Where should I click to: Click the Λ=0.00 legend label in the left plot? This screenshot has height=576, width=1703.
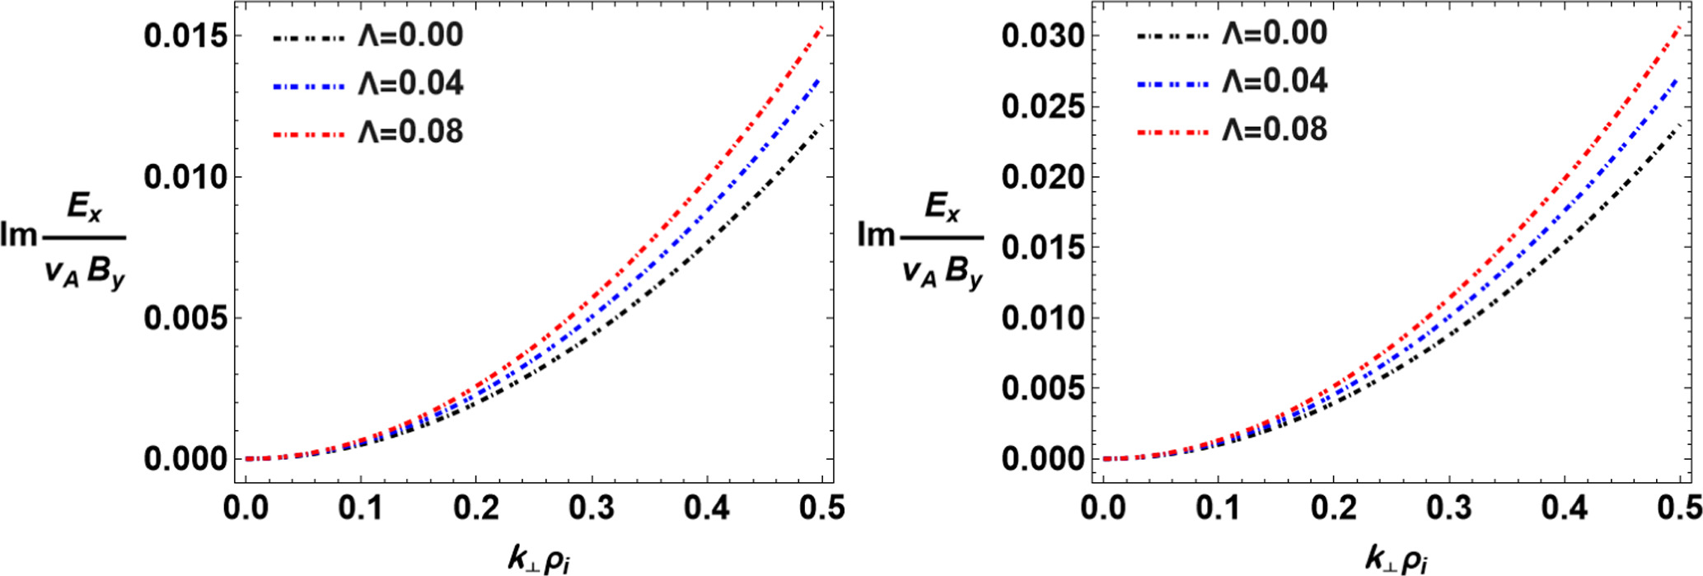(x=410, y=35)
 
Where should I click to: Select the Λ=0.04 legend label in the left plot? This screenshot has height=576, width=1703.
(x=410, y=83)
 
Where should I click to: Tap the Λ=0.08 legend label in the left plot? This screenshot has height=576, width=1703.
(x=410, y=132)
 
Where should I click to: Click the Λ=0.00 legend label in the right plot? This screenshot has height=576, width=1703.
(x=1274, y=33)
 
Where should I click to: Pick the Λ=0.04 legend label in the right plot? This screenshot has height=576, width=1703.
(x=1274, y=81)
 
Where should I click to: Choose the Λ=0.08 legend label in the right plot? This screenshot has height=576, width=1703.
(x=1274, y=129)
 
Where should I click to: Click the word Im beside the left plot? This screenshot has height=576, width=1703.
(x=20, y=236)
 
